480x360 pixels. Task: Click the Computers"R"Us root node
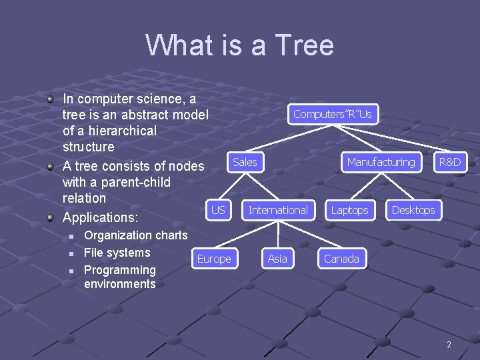332,114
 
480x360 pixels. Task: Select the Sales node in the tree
245,162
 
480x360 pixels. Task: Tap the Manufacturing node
381,162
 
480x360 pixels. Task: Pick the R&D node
449,162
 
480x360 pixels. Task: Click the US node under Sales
218,210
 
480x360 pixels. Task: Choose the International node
278,210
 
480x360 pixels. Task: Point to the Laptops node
349,210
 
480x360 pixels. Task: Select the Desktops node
413,210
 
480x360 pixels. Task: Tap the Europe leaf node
214,259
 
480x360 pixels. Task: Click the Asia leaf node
277,259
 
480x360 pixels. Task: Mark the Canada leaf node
341,259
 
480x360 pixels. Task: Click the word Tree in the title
303,45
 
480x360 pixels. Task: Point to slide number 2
449,345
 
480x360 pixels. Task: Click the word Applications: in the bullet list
100,217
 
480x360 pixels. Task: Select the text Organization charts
136,235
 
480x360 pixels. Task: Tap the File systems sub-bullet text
117,253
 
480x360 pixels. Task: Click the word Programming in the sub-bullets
119,270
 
